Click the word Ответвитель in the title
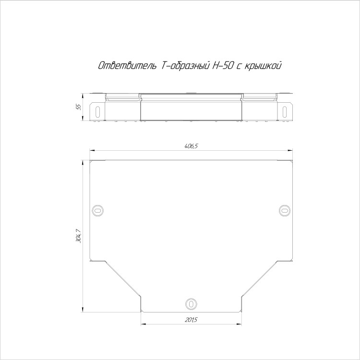127,66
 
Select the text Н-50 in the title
223,66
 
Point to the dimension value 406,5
191,146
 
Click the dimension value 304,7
79,236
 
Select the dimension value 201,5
191,320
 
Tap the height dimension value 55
79,107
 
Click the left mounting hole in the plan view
97,210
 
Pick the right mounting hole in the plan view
285,210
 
